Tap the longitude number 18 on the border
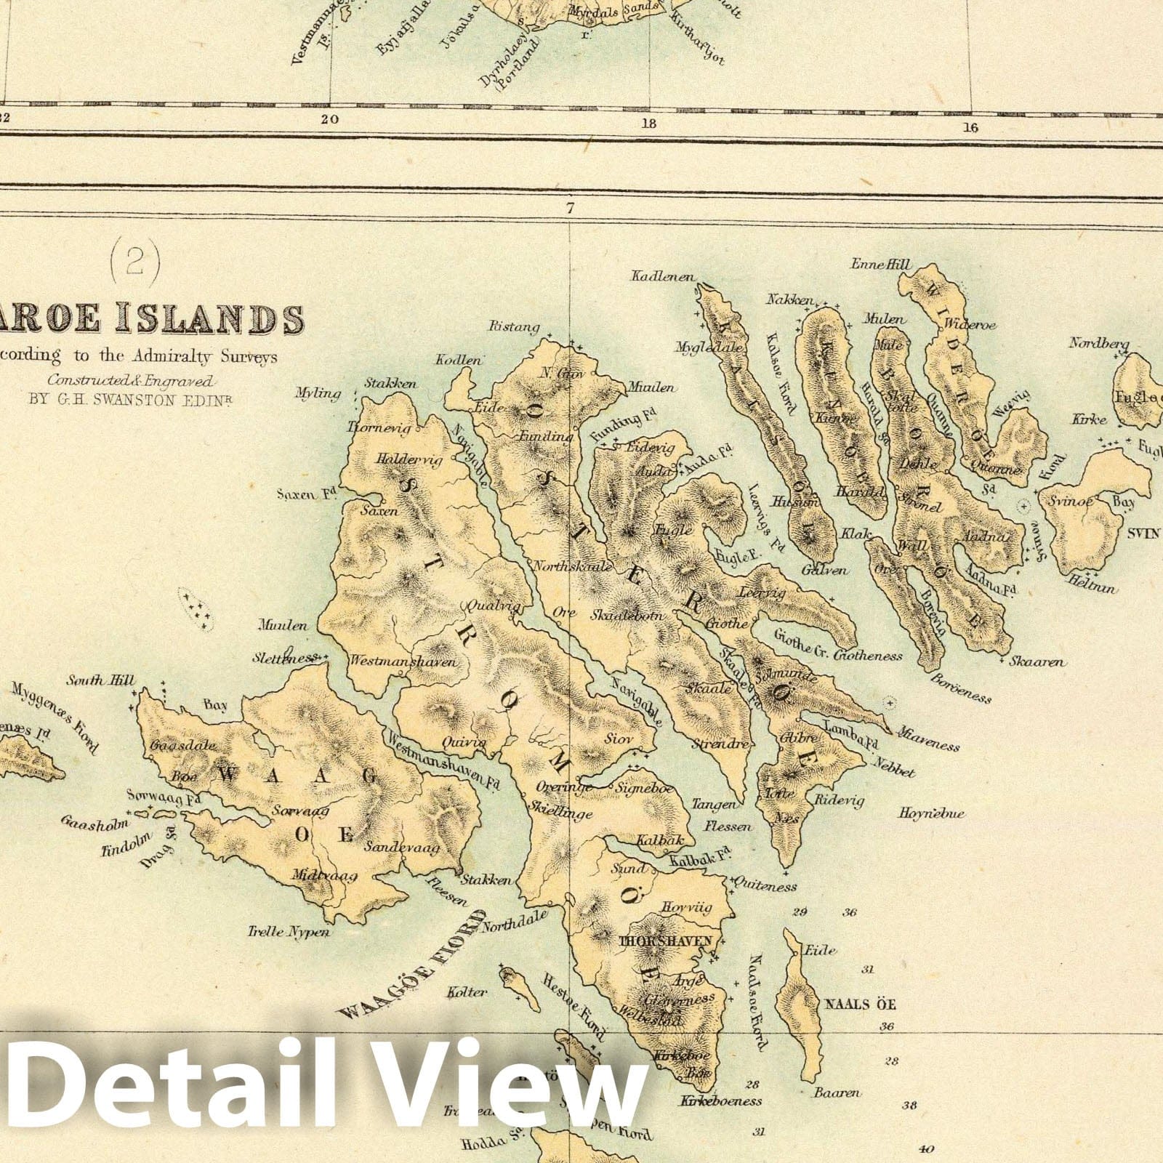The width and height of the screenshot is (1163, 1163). [649, 124]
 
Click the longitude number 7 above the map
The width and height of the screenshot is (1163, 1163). [569, 209]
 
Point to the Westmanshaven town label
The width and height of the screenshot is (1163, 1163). [403, 662]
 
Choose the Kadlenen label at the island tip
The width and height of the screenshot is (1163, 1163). [664, 277]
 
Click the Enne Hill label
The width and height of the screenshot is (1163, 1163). [881, 265]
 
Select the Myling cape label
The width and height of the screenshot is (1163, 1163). [318, 394]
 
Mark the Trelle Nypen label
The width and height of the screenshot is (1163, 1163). [280, 932]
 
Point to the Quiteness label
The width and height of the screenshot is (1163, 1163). [766, 886]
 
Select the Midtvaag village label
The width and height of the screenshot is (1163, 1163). [325, 877]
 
